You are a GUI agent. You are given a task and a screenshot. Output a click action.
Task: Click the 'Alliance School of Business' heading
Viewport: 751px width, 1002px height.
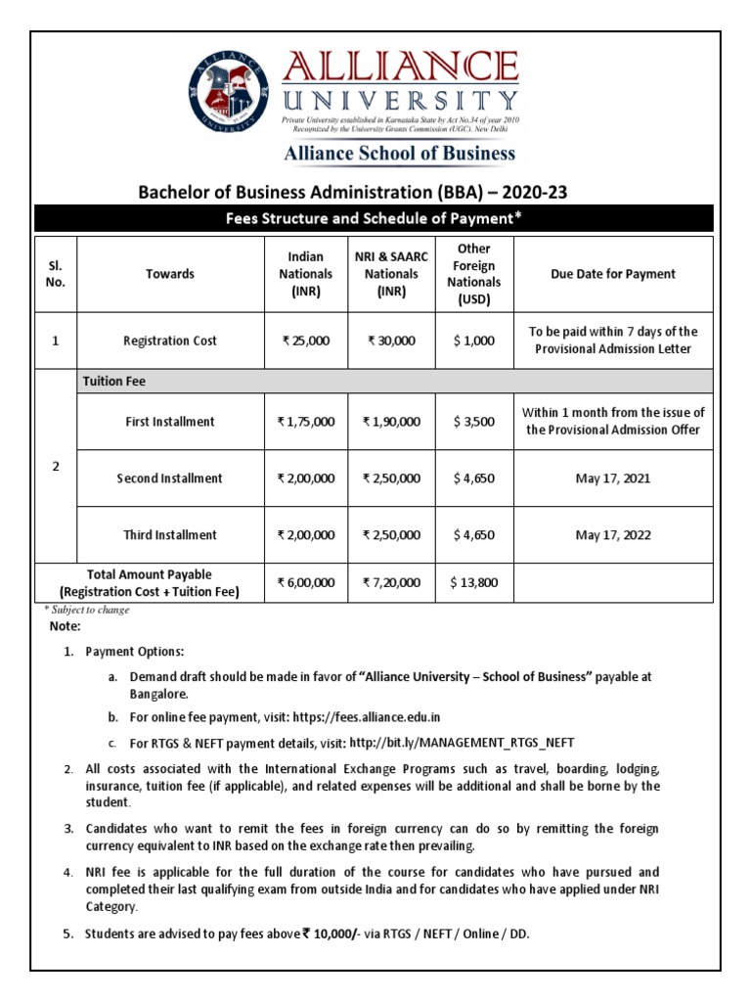point(399,153)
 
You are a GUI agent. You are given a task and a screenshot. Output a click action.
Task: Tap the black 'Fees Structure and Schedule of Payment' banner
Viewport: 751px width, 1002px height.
point(375,218)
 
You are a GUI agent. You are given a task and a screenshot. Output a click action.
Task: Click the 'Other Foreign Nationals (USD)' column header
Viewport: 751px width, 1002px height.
point(474,274)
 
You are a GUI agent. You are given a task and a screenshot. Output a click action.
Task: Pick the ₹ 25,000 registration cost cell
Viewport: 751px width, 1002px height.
point(306,341)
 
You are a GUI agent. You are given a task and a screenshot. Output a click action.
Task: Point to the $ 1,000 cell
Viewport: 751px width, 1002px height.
point(474,341)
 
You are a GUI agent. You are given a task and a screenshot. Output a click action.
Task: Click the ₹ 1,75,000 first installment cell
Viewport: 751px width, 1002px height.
point(306,422)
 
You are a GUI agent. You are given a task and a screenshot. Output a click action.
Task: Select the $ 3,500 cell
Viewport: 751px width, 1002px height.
point(474,422)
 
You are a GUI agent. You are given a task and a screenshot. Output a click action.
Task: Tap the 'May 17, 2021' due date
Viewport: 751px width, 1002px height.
point(613,478)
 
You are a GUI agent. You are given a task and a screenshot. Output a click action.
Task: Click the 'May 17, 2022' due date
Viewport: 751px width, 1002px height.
point(613,535)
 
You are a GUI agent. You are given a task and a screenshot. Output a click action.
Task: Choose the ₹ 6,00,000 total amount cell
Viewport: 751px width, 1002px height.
point(306,582)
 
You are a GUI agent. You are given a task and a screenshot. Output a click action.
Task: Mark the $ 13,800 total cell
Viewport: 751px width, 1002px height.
point(474,582)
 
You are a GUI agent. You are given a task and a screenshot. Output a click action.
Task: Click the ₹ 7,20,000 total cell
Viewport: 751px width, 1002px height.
point(391,582)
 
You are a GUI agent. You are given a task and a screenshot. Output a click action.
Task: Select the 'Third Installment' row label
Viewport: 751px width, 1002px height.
point(169,535)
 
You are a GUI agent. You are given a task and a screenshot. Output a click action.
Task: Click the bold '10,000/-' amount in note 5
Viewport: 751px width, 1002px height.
point(331,934)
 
